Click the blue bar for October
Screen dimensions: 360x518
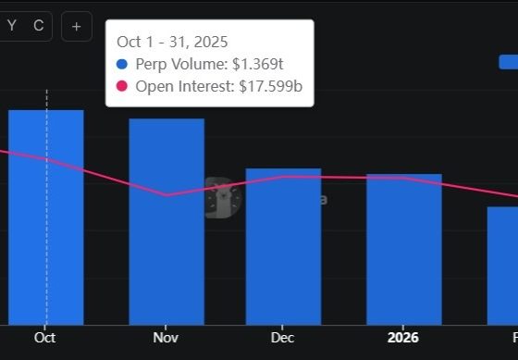click(46, 217)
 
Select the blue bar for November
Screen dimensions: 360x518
click(166, 222)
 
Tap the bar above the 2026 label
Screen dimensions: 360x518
click(403, 249)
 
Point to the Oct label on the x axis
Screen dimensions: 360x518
click(45, 338)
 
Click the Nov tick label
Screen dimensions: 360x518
click(166, 338)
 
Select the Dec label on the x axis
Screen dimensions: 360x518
click(283, 338)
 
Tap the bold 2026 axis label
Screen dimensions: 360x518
click(403, 338)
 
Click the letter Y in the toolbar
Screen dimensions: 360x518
click(12, 26)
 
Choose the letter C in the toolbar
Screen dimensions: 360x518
click(38, 26)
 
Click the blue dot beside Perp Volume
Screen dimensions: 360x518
click(122, 65)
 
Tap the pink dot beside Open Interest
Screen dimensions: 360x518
click(122, 87)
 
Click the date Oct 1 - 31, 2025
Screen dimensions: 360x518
click(172, 42)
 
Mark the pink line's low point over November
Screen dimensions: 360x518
click(166, 195)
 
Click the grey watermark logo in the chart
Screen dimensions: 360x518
click(222, 198)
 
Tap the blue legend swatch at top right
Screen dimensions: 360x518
click(508, 62)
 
